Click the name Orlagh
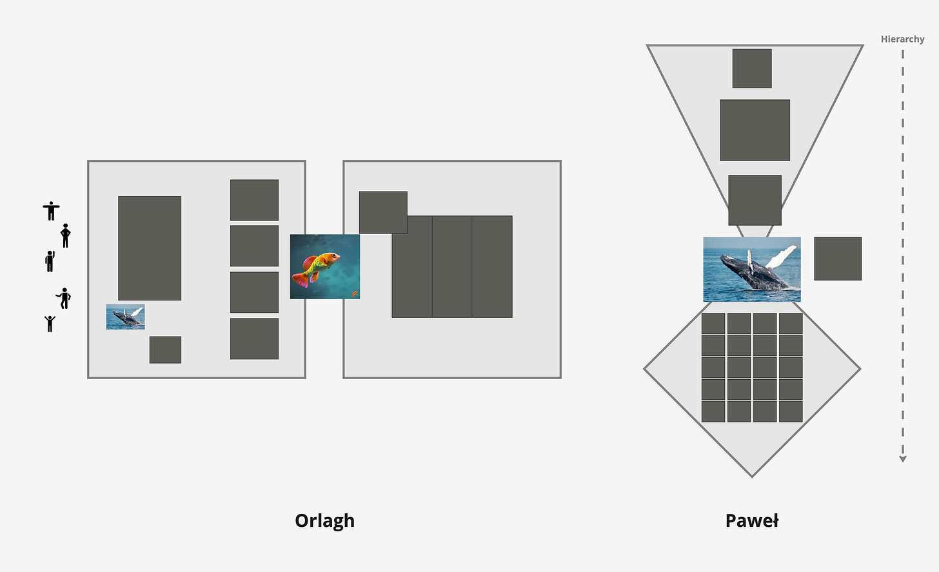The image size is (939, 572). (324, 520)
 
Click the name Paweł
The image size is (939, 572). (751, 520)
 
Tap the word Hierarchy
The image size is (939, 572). (902, 39)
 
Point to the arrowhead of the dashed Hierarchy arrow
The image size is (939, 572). (903, 459)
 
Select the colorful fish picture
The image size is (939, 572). (325, 266)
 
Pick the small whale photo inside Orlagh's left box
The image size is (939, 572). (125, 317)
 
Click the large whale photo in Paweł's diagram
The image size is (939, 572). (751, 269)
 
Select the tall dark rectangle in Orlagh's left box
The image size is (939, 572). (150, 248)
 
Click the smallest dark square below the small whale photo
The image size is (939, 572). (165, 350)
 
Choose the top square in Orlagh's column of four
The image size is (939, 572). (254, 200)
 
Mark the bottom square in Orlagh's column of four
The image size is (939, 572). (254, 339)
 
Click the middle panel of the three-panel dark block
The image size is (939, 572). (452, 266)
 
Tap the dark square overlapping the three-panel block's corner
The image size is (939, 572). (383, 212)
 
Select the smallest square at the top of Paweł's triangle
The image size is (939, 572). (752, 68)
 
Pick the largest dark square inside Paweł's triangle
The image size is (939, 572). (755, 130)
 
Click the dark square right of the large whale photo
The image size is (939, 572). (838, 259)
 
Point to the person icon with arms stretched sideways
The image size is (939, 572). (51, 210)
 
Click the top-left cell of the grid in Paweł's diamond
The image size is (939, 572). (713, 324)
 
